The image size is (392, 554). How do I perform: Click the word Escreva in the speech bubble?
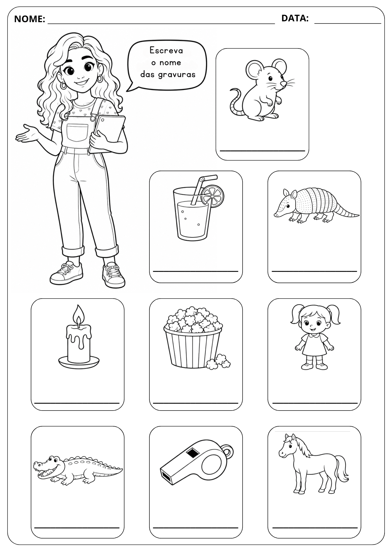click(166, 50)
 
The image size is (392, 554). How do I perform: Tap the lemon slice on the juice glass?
click(213, 196)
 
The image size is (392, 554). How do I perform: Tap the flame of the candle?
click(79, 316)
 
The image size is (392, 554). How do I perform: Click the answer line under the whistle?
click(196, 527)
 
